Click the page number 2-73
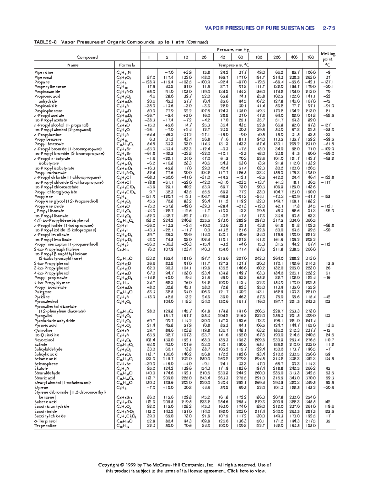tap(329, 28)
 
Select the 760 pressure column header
tap(310, 57)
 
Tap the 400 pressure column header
tap(294, 57)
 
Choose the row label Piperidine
tap(44, 73)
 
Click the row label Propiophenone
tap(49, 111)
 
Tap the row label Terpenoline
tap(46, 426)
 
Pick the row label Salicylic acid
tap(46, 354)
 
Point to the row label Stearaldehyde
tap(47, 373)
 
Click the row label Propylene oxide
tap(49, 206)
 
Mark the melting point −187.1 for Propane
tap(327, 82)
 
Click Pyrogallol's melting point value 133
tap(327, 316)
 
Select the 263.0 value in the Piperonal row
tap(311, 78)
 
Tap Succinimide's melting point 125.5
tap(327, 412)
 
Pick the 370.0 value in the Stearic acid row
tap(311, 378)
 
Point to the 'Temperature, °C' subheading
tap(229, 65)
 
